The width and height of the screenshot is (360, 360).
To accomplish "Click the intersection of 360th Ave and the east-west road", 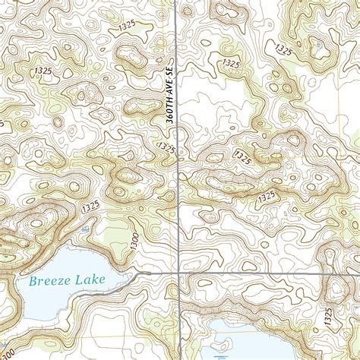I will pos(178,272).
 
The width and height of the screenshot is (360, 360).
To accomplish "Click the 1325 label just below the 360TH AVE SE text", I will pos(167,146).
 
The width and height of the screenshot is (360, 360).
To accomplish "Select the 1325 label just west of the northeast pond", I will pos(285,51).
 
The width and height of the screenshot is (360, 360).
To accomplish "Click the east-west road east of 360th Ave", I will pos(258,272).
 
